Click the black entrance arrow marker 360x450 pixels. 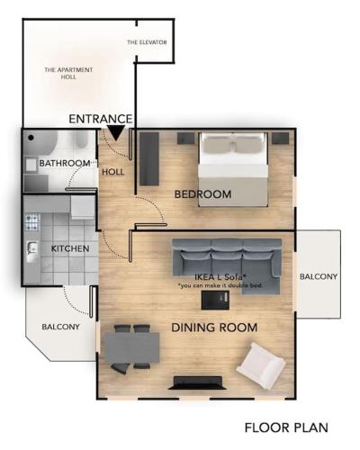tap(116, 133)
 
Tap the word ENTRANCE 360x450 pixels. tap(101, 119)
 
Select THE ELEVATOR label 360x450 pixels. tap(147, 42)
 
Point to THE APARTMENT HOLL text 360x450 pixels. tap(68, 73)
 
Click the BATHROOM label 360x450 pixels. tap(65, 163)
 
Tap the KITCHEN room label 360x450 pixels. tap(70, 248)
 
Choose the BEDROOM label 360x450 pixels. tap(202, 194)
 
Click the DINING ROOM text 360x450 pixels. tap(214, 328)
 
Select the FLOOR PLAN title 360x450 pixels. tap(286, 427)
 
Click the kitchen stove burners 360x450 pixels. tap(32, 222)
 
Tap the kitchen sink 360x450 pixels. tap(32, 250)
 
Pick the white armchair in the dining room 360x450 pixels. tap(261, 365)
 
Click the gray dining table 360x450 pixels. tap(131, 347)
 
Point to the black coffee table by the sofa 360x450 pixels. tap(215, 300)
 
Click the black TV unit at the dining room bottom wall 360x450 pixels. tap(197, 382)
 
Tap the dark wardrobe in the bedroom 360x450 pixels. tap(149, 159)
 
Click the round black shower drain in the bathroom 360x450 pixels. tap(31, 138)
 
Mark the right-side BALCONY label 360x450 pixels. tap(319, 276)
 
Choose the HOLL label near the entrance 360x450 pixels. tap(113, 172)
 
